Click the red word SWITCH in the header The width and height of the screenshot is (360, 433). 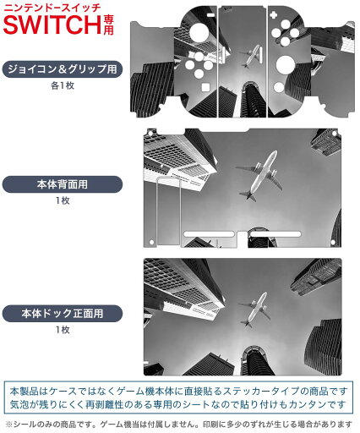click(52, 25)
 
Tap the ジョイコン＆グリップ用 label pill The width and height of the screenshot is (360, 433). click(63, 69)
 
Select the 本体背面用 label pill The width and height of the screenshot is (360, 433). click(63, 184)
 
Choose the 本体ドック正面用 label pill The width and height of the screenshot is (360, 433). click(63, 313)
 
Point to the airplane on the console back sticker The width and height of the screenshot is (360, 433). click(259, 176)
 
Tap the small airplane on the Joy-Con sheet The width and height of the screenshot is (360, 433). click(251, 56)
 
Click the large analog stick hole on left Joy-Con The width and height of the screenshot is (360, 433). click(199, 32)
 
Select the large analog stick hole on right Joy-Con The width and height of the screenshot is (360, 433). click(286, 64)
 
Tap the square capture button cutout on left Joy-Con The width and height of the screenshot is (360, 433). click(205, 87)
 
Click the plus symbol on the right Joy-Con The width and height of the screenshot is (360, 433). click(273, 14)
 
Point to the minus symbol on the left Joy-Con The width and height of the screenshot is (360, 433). click(210, 15)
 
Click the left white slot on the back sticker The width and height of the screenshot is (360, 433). click(209, 234)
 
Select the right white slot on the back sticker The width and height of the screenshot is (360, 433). click(275, 234)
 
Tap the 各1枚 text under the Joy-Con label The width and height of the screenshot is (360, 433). click(63, 85)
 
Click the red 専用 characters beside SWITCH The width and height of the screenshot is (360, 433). click(108, 25)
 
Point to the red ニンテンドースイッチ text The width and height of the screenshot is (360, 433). click(52, 7)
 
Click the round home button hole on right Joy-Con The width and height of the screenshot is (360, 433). click(279, 87)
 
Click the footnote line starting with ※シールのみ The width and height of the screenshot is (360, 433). click(179, 424)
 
